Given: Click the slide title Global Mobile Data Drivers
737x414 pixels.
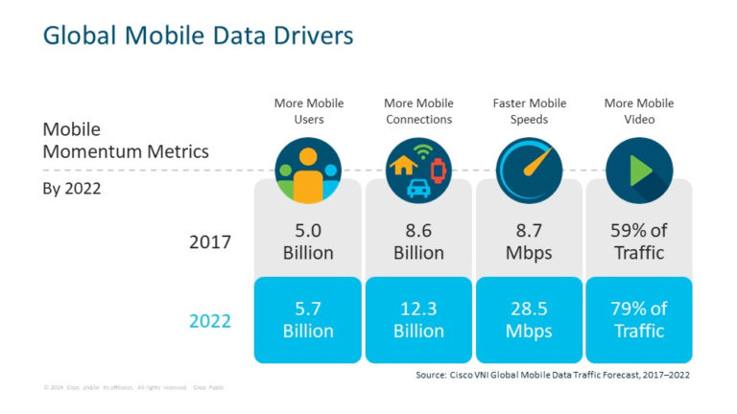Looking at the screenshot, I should click(199, 36).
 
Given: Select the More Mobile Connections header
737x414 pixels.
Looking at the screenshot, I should click(418, 111).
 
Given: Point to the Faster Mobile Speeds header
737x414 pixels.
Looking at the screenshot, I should click(529, 111).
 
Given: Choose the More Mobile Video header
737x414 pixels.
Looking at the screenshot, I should click(639, 111).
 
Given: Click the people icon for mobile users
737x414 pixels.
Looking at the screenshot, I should click(307, 172).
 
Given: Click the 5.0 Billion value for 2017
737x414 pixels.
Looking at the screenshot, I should click(308, 241).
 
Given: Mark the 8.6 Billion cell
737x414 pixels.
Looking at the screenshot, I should click(418, 241).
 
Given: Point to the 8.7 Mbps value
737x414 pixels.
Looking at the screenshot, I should click(529, 241).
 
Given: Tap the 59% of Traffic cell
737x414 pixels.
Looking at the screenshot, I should click(639, 241).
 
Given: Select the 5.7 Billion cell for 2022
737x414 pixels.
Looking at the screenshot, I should click(308, 320).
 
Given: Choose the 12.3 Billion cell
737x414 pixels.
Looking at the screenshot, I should click(418, 320).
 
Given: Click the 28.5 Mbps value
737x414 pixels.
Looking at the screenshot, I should click(529, 320).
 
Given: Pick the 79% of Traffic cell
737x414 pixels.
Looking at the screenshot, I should click(639, 320).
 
